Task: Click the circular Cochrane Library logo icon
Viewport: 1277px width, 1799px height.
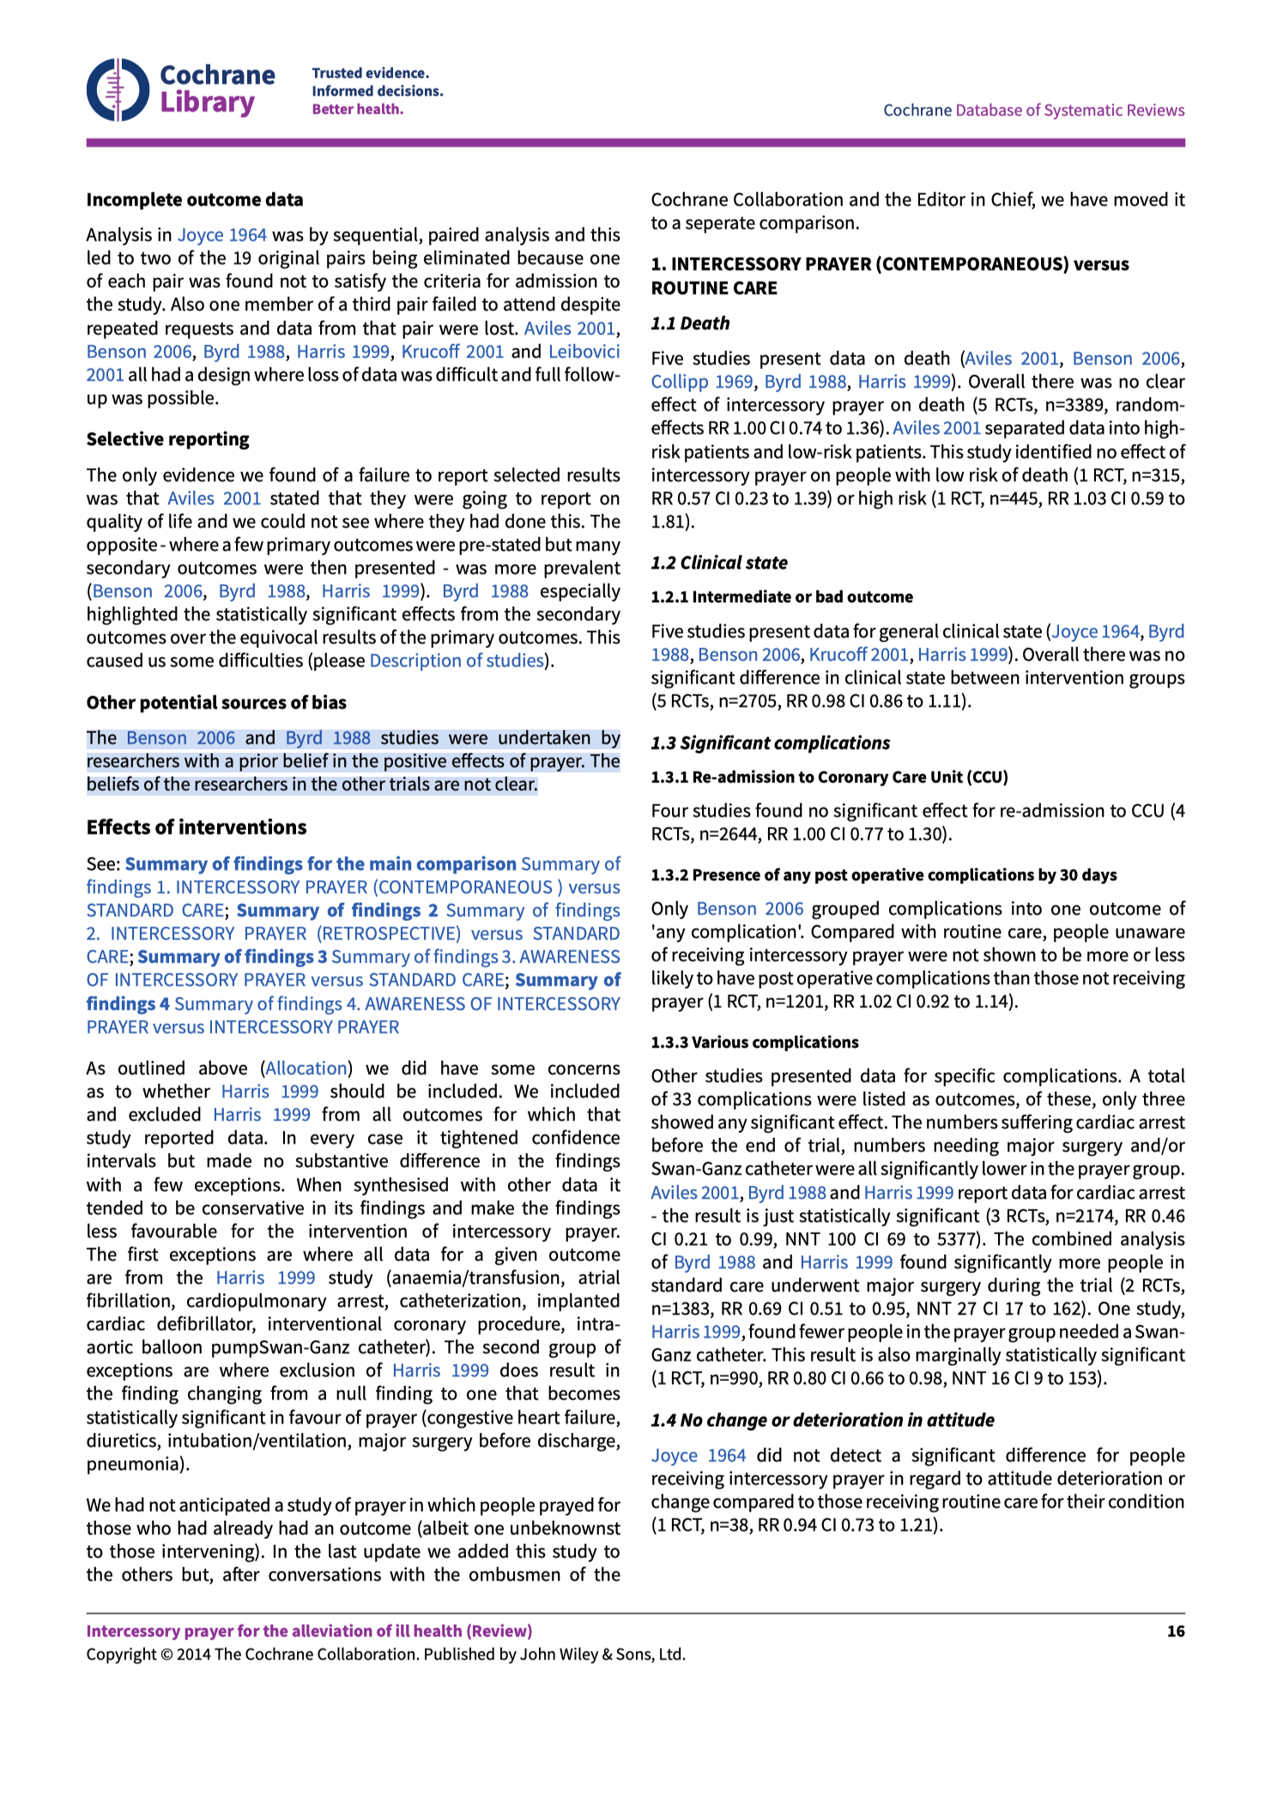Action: [118, 89]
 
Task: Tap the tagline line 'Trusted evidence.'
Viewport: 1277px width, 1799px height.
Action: [370, 73]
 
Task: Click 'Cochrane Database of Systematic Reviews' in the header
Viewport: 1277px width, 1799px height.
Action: [1033, 110]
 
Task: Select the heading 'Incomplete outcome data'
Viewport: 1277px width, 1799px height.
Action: [195, 200]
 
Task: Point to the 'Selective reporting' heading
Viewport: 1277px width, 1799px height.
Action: [167, 439]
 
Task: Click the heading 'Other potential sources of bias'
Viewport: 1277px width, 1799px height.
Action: [216, 703]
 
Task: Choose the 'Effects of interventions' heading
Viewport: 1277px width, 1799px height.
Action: [197, 827]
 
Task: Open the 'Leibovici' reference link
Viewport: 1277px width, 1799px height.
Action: [584, 352]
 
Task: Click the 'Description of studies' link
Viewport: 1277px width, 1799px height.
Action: [457, 661]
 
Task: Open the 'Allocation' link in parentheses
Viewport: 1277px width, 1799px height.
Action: [306, 1069]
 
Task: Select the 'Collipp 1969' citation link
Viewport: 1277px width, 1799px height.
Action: [701, 382]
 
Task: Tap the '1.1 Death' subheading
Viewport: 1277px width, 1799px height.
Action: [690, 324]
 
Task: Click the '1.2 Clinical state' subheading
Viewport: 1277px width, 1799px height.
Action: [718, 563]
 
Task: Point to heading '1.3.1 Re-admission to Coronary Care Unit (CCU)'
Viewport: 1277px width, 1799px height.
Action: [829, 778]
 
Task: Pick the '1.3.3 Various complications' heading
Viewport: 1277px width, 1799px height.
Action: [754, 1043]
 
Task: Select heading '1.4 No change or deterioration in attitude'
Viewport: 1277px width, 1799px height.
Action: [822, 1420]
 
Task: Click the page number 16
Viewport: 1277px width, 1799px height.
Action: [1175, 1632]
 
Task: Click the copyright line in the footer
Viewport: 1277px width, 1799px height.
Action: [385, 1655]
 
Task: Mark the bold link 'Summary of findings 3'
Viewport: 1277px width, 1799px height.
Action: [233, 957]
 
